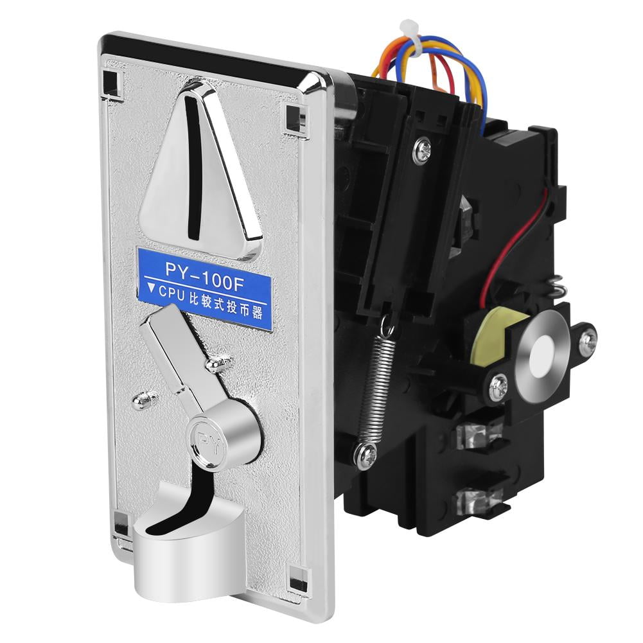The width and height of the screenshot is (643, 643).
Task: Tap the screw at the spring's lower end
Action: pos(365,454)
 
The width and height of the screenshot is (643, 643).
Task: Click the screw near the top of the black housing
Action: pos(423,150)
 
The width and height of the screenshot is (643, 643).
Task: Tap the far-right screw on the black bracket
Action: pos(587,340)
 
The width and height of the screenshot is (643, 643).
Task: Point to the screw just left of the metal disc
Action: pos(498,387)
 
